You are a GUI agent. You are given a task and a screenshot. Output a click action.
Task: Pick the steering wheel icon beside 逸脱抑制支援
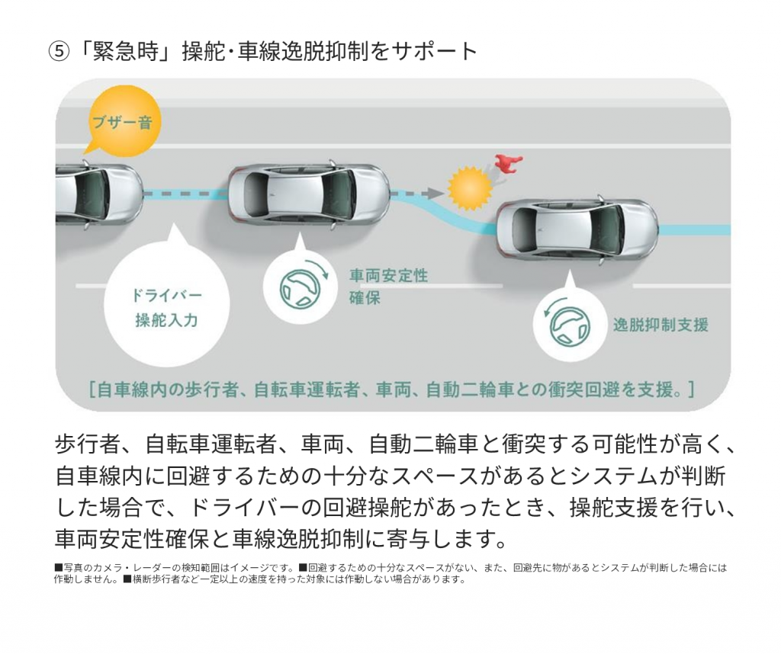[x=567, y=326]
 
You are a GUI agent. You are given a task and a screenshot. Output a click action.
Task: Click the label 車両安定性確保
[x=388, y=286]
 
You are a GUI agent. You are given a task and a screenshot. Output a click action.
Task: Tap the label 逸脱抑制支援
[x=660, y=325]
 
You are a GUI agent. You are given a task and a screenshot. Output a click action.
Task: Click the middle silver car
[x=309, y=194]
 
